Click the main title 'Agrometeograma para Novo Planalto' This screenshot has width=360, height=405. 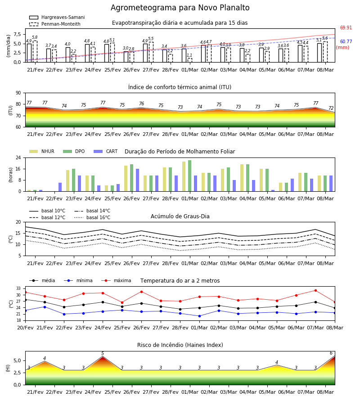(180, 8)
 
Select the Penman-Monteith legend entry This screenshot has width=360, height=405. (55, 24)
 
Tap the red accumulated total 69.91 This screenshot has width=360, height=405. (346, 27)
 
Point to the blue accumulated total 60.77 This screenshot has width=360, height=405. (346, 41)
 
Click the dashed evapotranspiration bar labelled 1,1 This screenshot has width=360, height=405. (190, 60)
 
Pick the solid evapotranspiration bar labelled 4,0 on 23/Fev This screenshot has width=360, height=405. (68, 55)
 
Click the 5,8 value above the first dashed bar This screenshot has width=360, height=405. (35, 37)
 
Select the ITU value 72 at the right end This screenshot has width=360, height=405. (331, 108)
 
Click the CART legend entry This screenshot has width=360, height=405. (106, 151)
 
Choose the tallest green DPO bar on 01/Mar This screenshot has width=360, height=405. (190, 176)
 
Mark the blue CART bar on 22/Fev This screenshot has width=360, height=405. (60, 187)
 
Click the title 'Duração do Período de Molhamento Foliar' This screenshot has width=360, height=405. (180, 152)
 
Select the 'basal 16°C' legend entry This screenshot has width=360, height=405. (92, 217)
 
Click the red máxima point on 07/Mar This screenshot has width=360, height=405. (315, 291)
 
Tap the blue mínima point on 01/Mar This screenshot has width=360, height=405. (199, 316)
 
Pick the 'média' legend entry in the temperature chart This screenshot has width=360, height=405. (42, 280)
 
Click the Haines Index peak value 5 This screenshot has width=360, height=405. (103, 353)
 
